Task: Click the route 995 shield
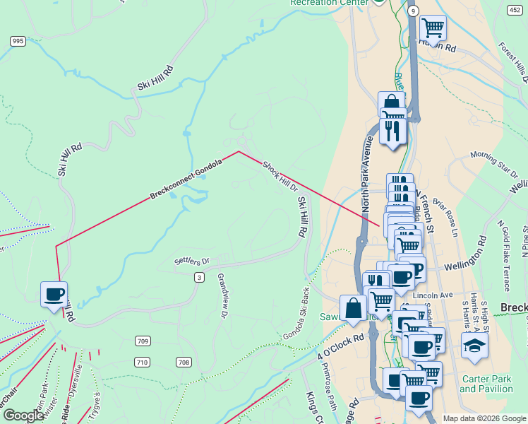(x=18, y=42)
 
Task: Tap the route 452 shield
(x=515, y=10)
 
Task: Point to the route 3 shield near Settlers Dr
(x=200, y=278)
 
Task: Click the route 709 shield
(x=143, y=341)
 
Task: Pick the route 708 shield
(x=184, y=363)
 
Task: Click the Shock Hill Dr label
(x=280, y=176)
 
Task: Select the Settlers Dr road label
(x=192, y=261)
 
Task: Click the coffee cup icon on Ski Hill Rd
(x=54, y=294)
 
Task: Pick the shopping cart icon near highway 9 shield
(x=433, y=28)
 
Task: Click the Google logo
(x=23, y=416)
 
